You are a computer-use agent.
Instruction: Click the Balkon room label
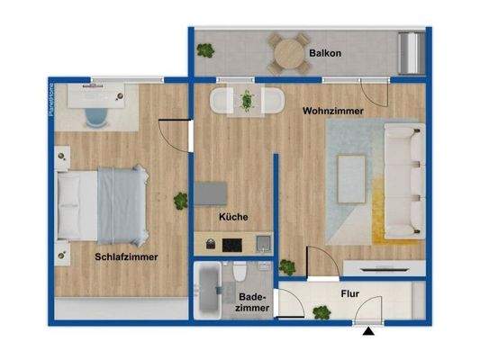[326, 53]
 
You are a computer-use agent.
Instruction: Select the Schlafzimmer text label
[126, 256]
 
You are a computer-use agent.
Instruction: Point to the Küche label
[233, 217]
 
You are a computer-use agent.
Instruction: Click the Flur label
[350, 293]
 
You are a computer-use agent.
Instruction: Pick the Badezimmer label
[251, 301]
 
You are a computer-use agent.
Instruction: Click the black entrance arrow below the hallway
[368, 333]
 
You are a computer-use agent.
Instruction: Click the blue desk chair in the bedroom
[96, 113]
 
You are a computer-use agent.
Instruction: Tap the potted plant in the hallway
[320, 312]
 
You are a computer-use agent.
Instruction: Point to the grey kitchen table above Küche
[212, 193]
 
